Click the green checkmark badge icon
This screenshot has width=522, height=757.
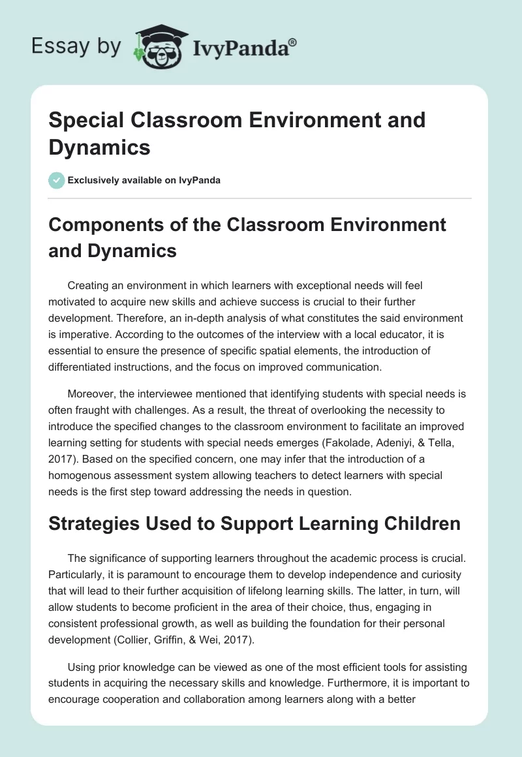tap(57, 180)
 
